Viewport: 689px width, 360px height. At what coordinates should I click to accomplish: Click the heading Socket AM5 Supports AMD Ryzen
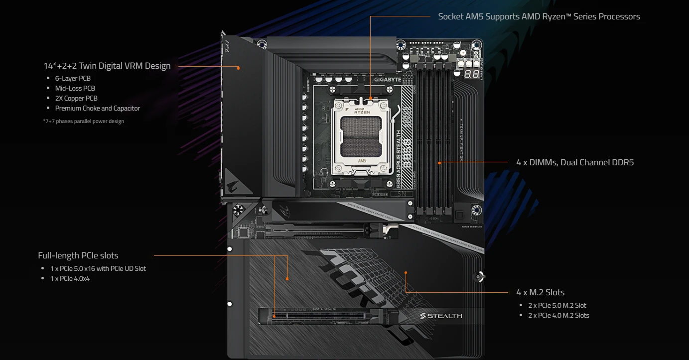click(x=539, y=16)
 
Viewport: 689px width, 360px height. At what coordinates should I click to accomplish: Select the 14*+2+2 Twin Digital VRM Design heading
click(x=107, y=66)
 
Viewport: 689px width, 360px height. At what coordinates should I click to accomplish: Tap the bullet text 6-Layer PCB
click(x=73, y=78)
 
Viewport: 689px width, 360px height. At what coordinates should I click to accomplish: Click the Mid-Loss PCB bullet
click(x=75, y=88)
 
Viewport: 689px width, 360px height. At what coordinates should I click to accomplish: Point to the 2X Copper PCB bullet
click(x=76, y=98)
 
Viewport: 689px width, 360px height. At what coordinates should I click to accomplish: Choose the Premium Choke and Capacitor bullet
click(x=97, y=108)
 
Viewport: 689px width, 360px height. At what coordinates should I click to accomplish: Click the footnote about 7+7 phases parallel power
click(x=84, y=121)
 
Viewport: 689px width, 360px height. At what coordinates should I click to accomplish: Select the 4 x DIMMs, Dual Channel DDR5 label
click(x=575, y=162)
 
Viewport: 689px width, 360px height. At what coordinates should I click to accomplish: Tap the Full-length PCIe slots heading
click(x=78, y=255)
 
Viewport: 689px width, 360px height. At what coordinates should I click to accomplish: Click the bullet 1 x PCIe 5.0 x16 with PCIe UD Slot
click(x=98, y=268)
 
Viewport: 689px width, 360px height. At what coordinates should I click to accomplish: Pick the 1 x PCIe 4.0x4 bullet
click(x=70, y=278)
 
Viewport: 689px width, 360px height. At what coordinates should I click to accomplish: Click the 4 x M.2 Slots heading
click(x=540, y=292)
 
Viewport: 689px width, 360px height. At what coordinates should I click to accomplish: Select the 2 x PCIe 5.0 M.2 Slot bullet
click(x=557, y=305)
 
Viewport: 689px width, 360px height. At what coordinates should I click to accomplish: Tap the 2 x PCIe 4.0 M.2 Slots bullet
click(x=558, y=315)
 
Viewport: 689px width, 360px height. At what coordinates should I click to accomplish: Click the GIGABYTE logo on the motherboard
click(x=387, y=80)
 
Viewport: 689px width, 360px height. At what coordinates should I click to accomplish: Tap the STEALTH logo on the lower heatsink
click(x=441, y=316)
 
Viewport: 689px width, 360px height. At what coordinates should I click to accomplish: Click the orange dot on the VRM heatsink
click(x=239, y=68)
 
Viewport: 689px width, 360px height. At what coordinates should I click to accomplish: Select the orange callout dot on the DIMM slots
click(x=439, y=162)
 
